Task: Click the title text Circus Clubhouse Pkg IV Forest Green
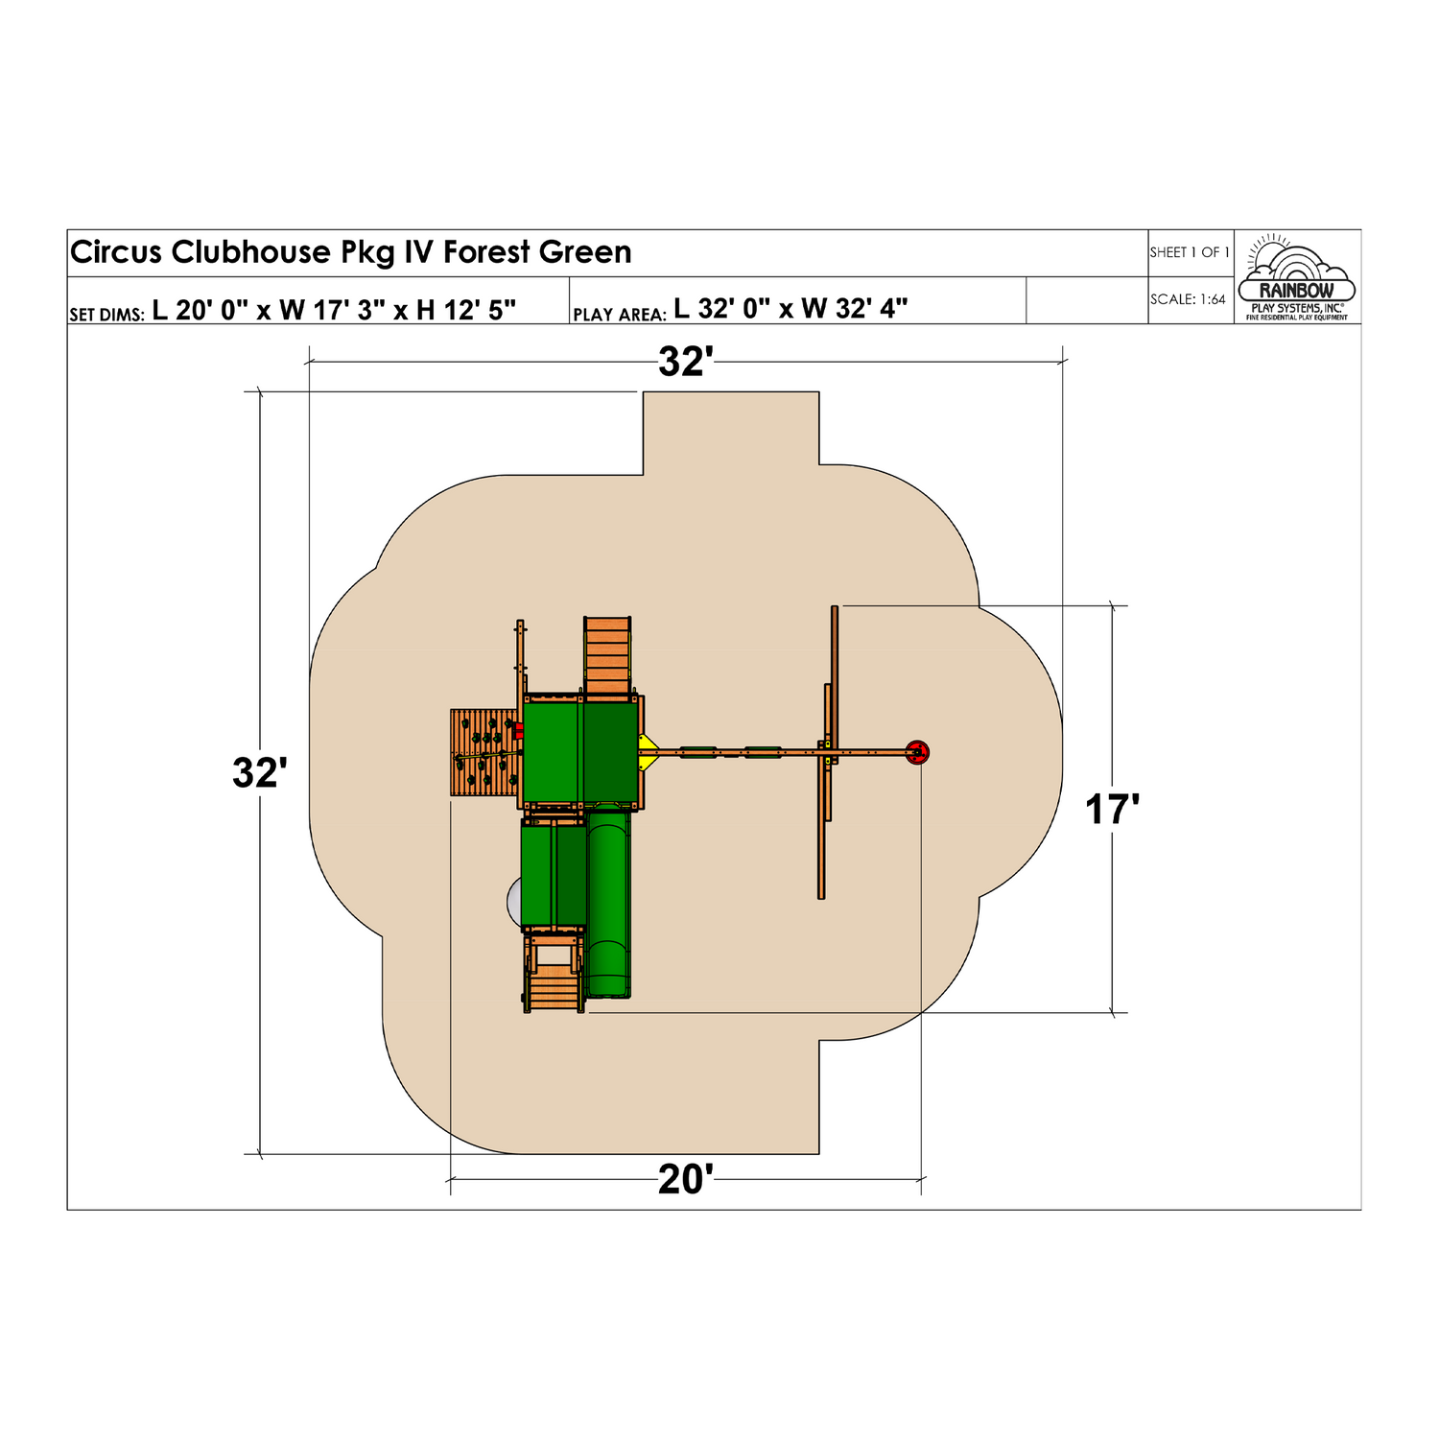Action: pyautogui.click(x=350, y=252)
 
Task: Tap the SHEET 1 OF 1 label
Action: pyautogui.click(x=1189, y=252)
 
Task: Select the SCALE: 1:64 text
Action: pyautogui.click(x=1188, y=299)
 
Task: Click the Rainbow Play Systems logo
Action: pyautogui.click(x=1296, y=278)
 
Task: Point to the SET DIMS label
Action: pyautogui.click(x=106, y=315)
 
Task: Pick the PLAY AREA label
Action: pyautogui.click(x=619, y=315)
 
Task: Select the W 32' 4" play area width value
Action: pyautogui.click(x=854, y=309)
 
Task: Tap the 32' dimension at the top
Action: pyautogui.click(x=685, y=363)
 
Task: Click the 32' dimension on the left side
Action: pyautogui.click(x=259, y=773)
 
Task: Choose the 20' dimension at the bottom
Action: pyautogui.click(x=685, y=1180)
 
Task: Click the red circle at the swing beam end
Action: pyautogui.click(x=917, y=752)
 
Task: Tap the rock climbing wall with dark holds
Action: pyautogui.click(x=484, y=752)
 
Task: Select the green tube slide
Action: pyautogui.click(x=608, y=902)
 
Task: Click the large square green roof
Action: pyautogui.click(x=580, y=752)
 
